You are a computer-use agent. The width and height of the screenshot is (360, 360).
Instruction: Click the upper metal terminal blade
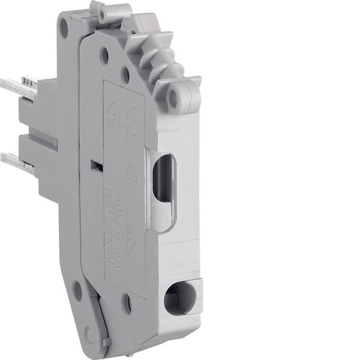[x=14, y=85]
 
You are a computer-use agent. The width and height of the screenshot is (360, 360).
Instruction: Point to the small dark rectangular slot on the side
[x=93, y=165]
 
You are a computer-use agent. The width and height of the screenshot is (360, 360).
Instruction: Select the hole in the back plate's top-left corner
[x=64, y=25]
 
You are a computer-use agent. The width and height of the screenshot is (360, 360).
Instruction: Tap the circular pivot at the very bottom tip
[x=89, y=335]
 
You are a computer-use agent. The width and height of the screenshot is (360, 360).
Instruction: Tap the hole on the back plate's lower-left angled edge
[x=77, y=291]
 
